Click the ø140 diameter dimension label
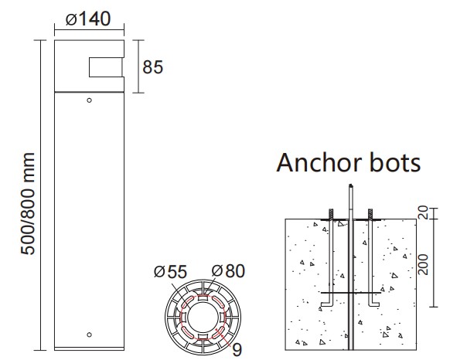[x=88, y=19]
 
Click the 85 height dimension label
[x=152, y=67]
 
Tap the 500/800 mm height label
[x=28, y=204]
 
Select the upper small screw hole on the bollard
[x=89, y=100]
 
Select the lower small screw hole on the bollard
[x=89, y=335]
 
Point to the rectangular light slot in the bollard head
[x=106, y=67]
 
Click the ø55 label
[x=170, y=272]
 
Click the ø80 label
[x=228, y=271]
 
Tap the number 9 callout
[x=237, y=350]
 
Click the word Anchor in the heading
[x=319, y=162]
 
